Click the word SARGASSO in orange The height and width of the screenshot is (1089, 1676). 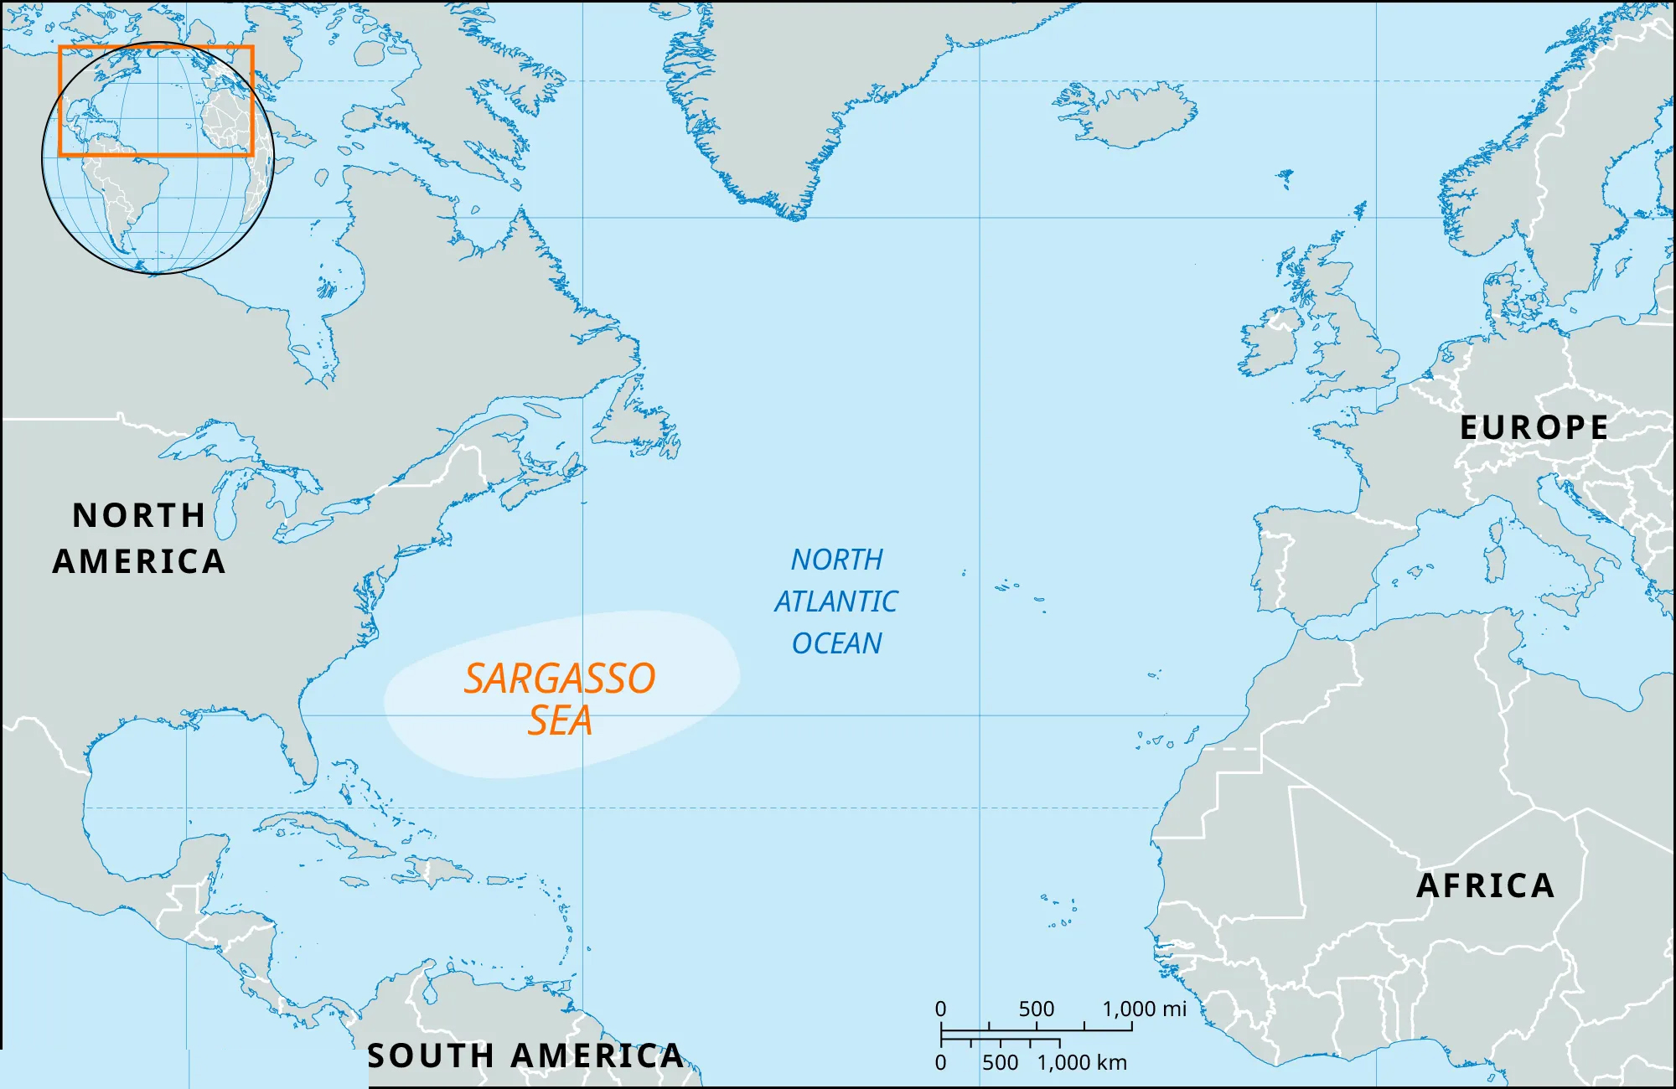(x=560, y=679)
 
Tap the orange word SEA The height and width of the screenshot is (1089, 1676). (x=560, y=720)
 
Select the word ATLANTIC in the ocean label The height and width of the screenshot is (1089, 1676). (x=835, y=601)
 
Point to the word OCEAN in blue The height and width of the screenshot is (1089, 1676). (x=836, y=643)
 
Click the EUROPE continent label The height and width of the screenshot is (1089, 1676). (x=1534, y=427)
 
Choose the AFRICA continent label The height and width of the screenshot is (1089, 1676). (x=1485, y=885)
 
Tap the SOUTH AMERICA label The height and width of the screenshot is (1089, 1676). (x=525, y=1055)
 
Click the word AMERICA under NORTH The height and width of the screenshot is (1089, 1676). (x=139, y=561)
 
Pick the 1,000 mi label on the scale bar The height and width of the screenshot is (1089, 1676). (x=1144, y=1009)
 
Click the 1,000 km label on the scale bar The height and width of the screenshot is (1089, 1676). (x=1082, y=1062)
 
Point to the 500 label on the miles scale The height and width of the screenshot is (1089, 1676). (x=1036, y=1009)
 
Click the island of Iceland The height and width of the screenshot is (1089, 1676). (x=1127, y=113)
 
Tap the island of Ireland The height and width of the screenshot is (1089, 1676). (x=1270, y=343)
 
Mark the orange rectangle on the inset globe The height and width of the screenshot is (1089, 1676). (x=156, y=48)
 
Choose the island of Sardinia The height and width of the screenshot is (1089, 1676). (x=1494, y=563)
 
